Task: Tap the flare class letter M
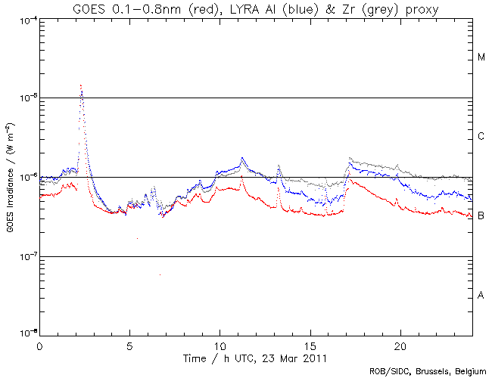click(x=481, y=57)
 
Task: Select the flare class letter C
click(x=481, y=137)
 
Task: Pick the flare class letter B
click(x=481, y=216)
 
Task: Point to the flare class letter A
click(x=481, y=296)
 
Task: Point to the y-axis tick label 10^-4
click(x=25, y=19)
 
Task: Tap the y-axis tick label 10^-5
click(x=25, y=98)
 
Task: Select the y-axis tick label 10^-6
click(x=25, y=178)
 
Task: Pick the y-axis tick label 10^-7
click(x=25, y=257)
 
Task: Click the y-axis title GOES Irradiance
click(x=10, y=178)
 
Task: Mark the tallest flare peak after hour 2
click(x=81, y=86)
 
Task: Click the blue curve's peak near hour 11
click(x=242, y=158)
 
